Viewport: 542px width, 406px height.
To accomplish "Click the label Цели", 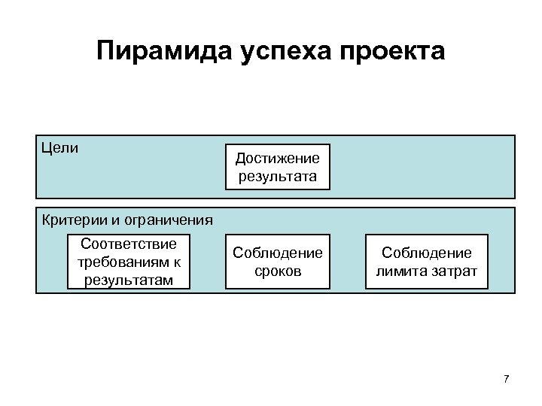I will tap(60, 147).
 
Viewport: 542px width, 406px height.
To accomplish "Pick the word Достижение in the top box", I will tap(277, 158).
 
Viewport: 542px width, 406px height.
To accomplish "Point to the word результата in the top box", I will tap(277, 177).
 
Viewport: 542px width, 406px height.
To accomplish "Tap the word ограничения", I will tap(170, 220).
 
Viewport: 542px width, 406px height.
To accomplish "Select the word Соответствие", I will tap(128, 244).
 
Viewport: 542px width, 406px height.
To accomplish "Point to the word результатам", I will tap(128, 280).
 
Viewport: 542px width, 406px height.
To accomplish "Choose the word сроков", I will tap(277, 271).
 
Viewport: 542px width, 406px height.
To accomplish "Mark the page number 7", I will tap(506, 378).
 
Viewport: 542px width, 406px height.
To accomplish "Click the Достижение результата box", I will tap(278, 167).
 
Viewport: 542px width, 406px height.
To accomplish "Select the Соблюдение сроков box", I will tap(278, 262).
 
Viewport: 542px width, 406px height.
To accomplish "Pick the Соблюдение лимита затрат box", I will tap(426, 262).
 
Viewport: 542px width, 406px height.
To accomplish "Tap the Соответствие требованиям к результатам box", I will tap(128, 262).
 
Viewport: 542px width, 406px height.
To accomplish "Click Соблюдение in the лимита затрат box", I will tap(426, 253).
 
